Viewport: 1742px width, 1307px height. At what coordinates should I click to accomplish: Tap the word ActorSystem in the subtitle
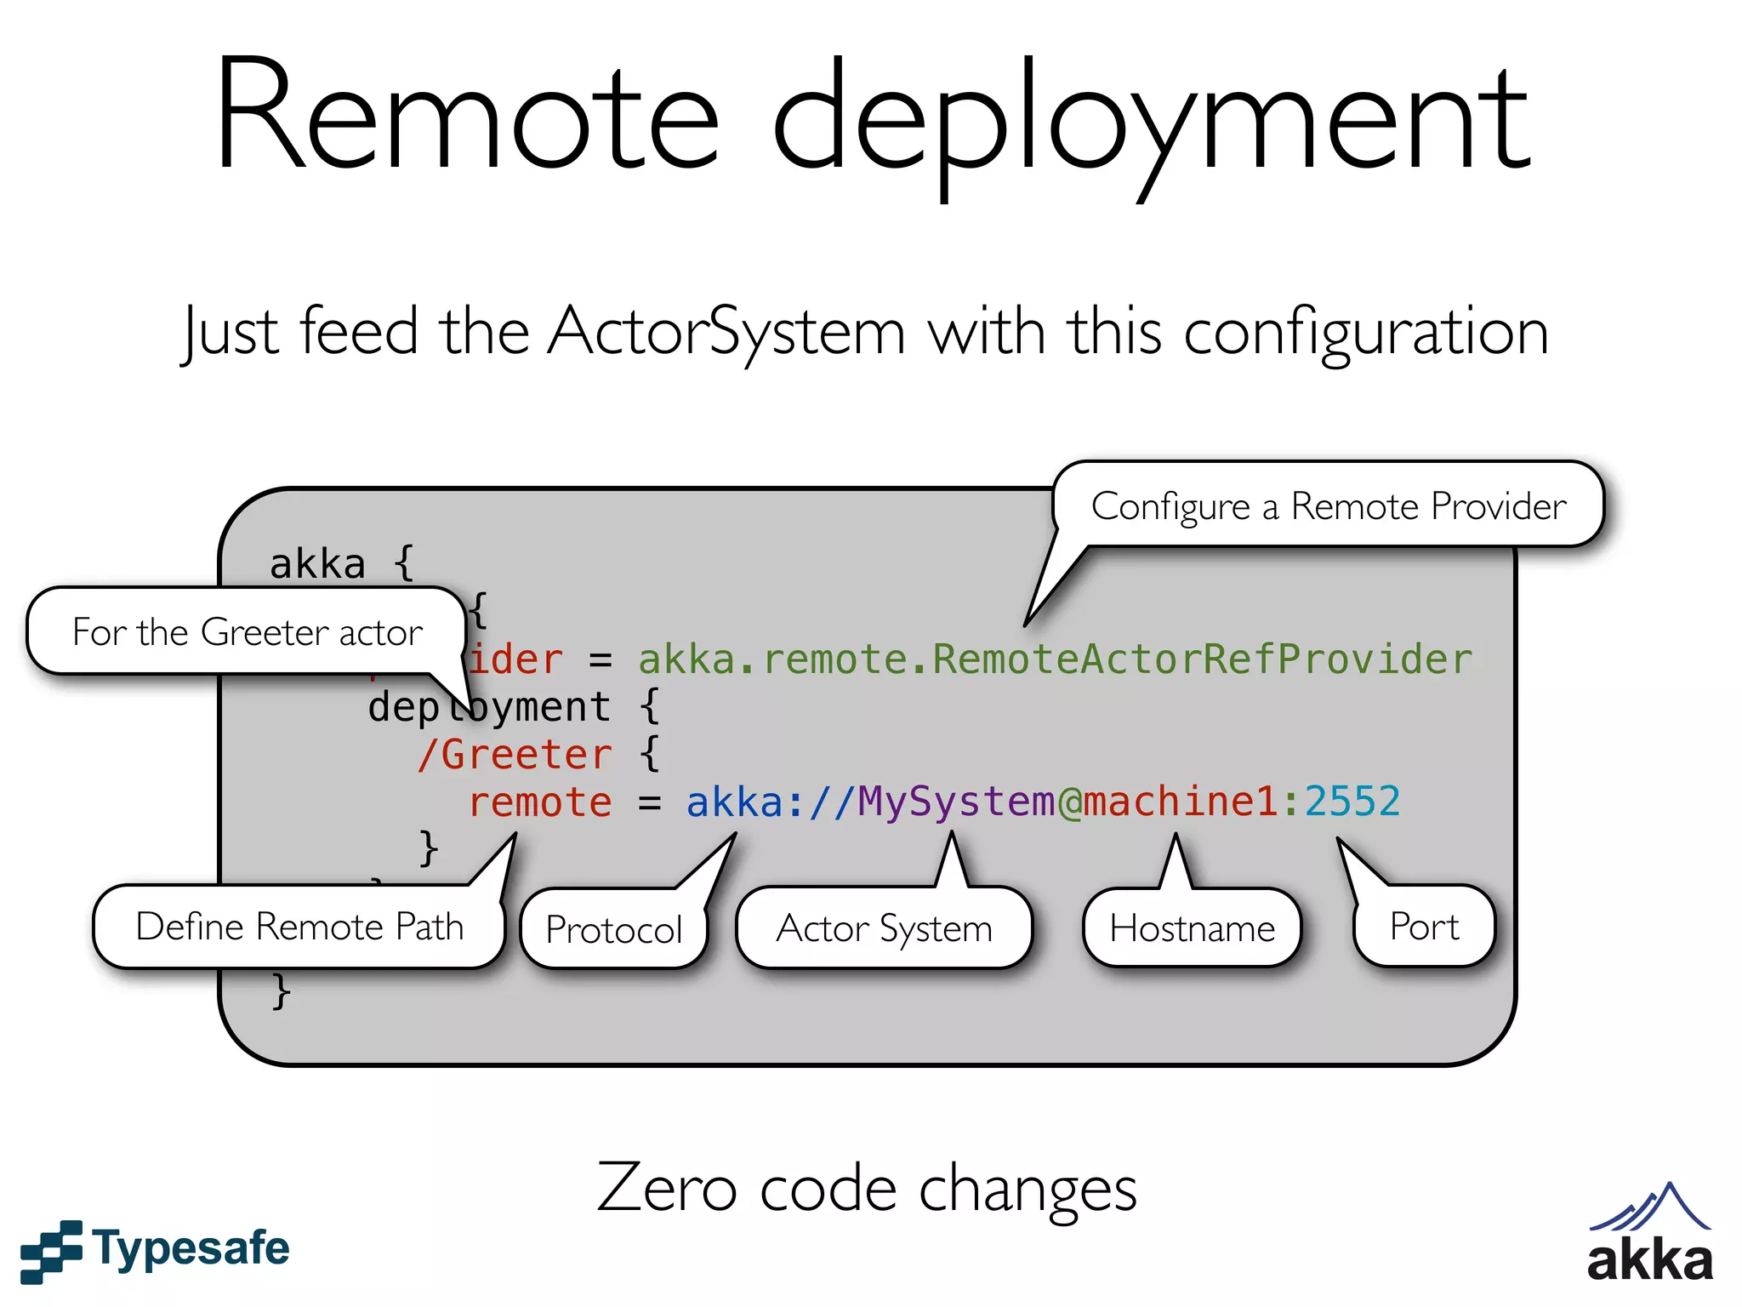pos(726,332)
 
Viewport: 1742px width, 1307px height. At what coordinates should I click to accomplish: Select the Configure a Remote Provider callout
pos(1328,505)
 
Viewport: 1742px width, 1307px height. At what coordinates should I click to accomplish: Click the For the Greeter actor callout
pos(247,632)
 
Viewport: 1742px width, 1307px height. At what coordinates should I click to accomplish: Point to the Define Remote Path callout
pos(299,927)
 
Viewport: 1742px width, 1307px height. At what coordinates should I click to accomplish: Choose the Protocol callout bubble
pos(614,929)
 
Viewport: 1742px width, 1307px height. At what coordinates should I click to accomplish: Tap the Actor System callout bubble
pos(884,928)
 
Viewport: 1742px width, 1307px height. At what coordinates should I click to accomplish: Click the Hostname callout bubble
pos(1192,928)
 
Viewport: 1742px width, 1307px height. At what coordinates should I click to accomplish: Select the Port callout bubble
pos(1424,927)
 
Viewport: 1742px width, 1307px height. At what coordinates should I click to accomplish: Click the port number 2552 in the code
pos(1352,802)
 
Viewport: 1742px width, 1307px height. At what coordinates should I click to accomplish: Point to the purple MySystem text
pos(956,802)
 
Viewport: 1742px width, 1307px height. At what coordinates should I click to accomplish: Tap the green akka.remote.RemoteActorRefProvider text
pos(1055,659)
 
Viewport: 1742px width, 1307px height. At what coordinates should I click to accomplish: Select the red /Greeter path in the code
pos(515,755)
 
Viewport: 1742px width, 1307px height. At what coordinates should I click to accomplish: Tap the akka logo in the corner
pos(1649,1234)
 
